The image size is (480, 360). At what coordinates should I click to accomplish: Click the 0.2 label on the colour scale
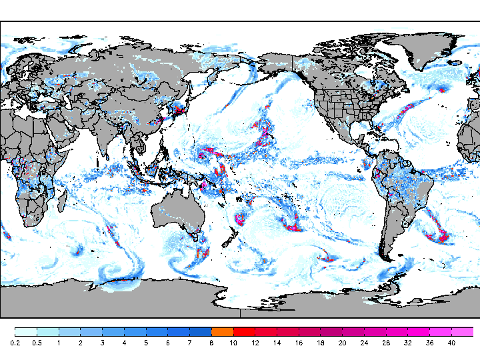click(x=15, y=343)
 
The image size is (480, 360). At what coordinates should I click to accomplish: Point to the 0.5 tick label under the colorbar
click(x=37, y=343)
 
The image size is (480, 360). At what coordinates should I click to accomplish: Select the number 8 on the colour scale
click(x=211, y=343)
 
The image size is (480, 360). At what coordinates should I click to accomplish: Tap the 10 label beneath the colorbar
click(x=233, y=343)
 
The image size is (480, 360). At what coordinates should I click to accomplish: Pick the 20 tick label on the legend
click(x=343, y=343)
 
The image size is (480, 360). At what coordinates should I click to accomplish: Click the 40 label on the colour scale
click(x=451, y=343)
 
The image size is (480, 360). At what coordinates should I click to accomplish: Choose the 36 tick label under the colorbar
click(x=430, y=343)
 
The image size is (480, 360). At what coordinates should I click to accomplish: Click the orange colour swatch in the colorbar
click(x=222, y=331)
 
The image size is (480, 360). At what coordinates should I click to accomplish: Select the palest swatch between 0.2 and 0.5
click(x=25, y=331)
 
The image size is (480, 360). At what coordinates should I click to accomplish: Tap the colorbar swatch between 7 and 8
click(x=200, y=331)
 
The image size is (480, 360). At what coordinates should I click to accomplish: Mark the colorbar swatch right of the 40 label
click(x=463, y=331)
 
